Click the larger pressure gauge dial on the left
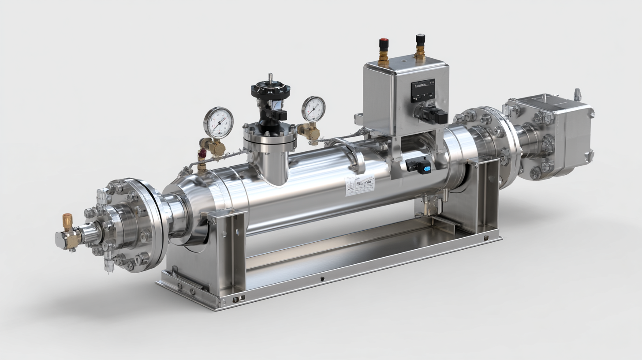pos(218,122)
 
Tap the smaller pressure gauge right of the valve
pos(314,109)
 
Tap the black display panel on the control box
pos(423,90)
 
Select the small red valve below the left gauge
pos(202,154)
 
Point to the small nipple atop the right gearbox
pos(577,94)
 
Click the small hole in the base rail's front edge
pos(322,279)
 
